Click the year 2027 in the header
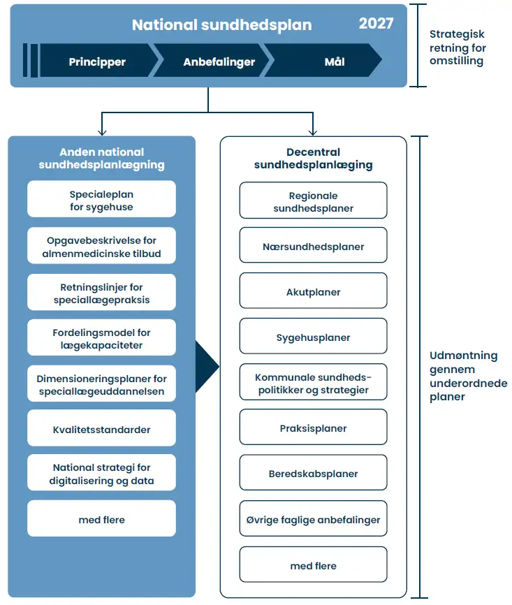(376, 24)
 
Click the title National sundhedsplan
(222, 25)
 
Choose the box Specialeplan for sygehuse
(101, 199)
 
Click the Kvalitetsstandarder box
(101, 428)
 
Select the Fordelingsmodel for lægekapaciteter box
(101, 337)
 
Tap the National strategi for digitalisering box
(101, 473)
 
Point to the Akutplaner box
(314, 291)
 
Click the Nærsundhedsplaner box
(314, 245)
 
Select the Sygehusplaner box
(314, 336)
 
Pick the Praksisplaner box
(314, 427)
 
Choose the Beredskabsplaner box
(314, 473)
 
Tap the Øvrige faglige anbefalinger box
(314, 518)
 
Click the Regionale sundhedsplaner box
(314, 201)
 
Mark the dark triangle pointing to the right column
(205, 367)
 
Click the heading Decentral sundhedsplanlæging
(314, 159)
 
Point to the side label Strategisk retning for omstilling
(458, 48)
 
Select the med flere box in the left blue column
(101, 518)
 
